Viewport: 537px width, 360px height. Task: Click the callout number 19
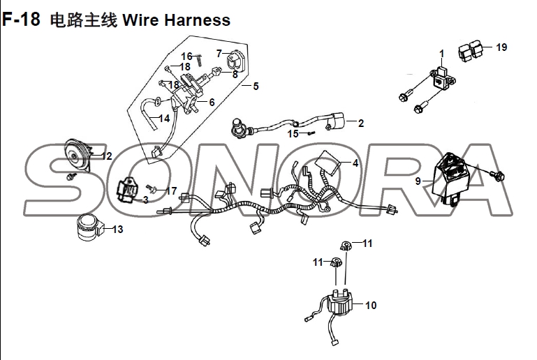coord(501,47)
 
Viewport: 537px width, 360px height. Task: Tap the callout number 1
coord(441,54)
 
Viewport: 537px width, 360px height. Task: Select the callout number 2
coord(360,123)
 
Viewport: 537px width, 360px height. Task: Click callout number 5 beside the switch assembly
coord(256,87)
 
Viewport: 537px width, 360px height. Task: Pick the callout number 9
coord(418,181)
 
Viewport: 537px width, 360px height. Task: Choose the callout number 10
coord(370,305)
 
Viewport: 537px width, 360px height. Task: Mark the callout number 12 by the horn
coord(106,156)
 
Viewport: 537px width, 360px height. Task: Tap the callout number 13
coord(117,229)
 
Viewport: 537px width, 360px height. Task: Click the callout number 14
coord(165,119)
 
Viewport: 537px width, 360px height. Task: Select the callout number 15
coord(293,133)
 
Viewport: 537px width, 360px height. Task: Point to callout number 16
coord(186,56)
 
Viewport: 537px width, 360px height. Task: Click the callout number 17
coord(172,190)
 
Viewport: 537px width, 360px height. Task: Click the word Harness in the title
coord(197,20)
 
